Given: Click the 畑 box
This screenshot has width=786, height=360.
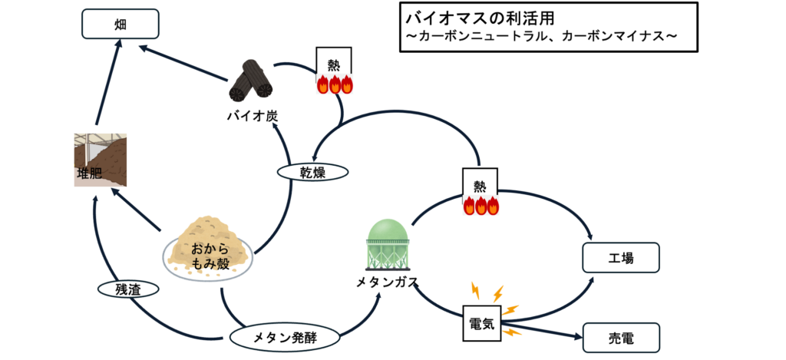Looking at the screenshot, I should (x=120, y=23).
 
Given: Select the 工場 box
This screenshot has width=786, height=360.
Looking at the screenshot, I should (x=622, y=258).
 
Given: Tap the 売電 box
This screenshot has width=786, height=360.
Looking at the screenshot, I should (x=622, y=336).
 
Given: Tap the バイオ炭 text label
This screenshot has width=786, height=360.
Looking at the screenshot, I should (x=252, y=117).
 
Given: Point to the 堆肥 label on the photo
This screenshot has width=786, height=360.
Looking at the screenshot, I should (x=89, y=173).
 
